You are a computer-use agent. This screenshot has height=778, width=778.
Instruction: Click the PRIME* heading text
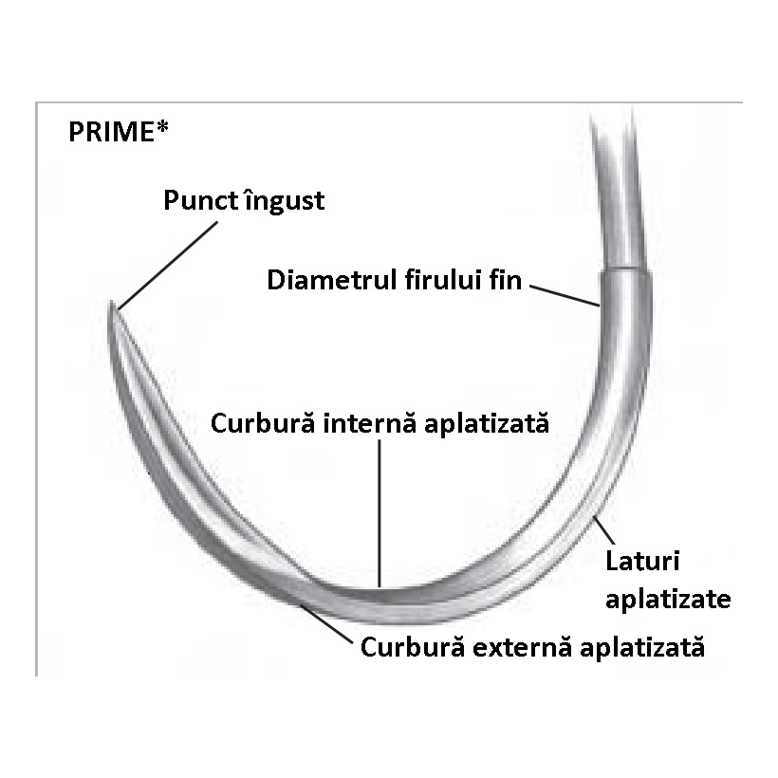[x=118, y=131]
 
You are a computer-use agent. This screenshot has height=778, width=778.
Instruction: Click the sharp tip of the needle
[x=112, y=305]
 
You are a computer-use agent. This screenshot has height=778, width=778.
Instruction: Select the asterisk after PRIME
[x=163, y=127]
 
